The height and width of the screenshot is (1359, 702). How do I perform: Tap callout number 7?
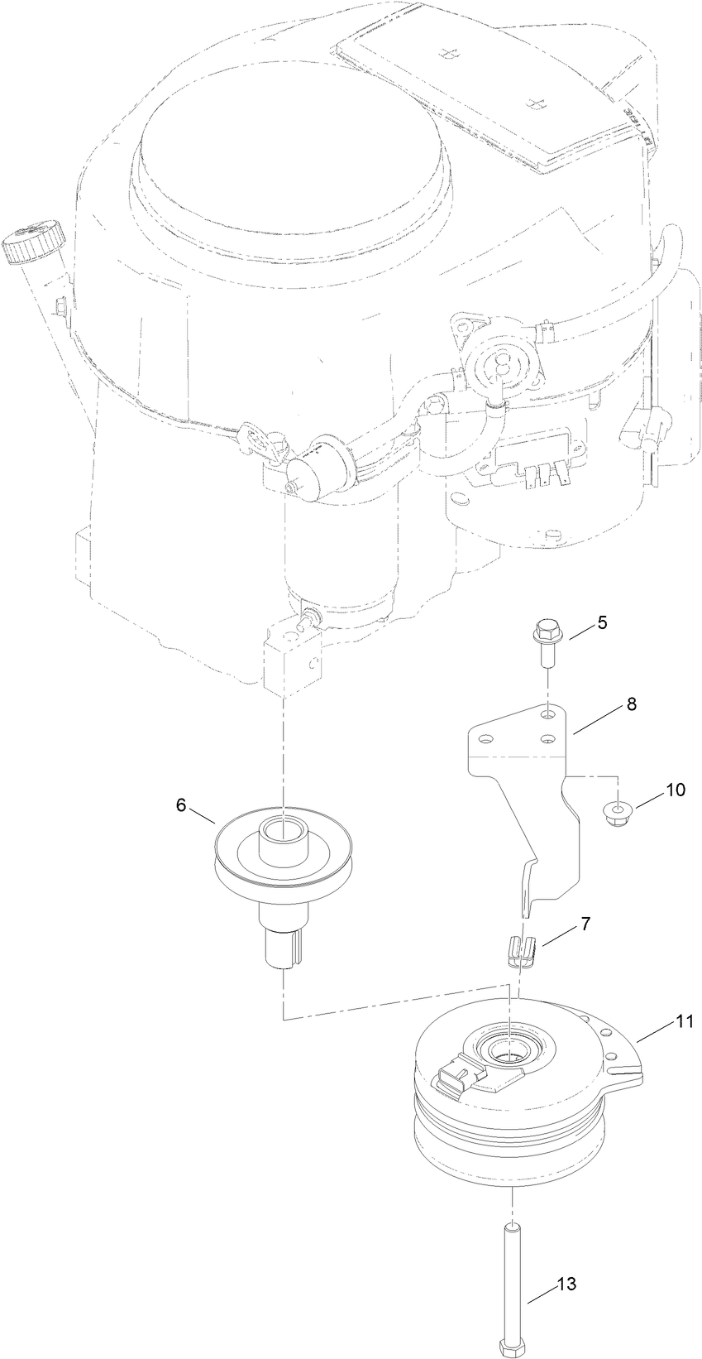click(x=585, y=923)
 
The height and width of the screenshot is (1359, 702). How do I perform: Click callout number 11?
click(x=685, y=1022)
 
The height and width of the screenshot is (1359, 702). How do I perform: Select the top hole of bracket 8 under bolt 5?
click(x=547, y=713)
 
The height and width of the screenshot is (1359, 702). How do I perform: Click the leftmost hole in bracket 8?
click(x=487, y=736)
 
